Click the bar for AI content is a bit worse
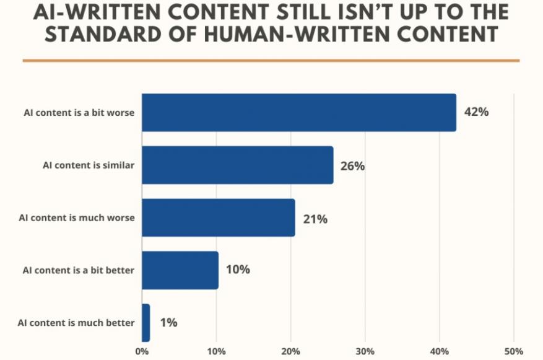pos(298,113)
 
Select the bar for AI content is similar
pos(237,165)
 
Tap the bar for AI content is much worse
pos(218,217)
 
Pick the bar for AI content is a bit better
pos(180,270)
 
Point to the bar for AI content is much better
pos(146,322)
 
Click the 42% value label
pos(477,113)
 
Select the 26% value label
pos(352,165)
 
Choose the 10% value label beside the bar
pos(237,270)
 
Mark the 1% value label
pos(168,322)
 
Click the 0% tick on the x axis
pos(142,351)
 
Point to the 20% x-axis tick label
pos(290,351)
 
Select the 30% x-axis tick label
pos(365,351)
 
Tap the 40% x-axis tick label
pos(439,351)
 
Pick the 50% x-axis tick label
pos(513,351)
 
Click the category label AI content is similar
pos(89,165)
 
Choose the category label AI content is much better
pos(77,323)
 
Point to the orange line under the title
pos(271,60)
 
